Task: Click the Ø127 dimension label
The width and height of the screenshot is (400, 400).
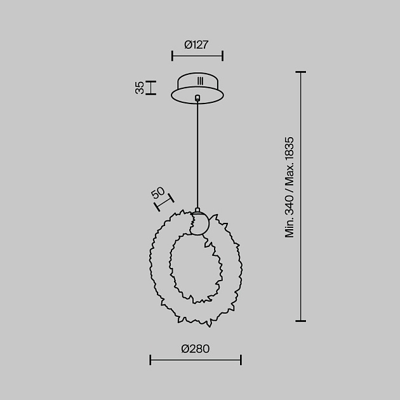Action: tap(196, 45)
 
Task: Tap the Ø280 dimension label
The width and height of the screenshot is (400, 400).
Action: tap(196, 349)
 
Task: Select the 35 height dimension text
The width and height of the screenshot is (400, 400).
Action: tap(140, 88)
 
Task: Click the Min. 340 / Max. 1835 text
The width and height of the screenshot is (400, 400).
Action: tap(290, 187)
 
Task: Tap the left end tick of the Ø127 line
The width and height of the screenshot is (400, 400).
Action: tap(173, 56)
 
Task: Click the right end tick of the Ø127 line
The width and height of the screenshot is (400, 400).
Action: tap(222, 56)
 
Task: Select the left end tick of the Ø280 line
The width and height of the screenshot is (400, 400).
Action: tap(150, 360)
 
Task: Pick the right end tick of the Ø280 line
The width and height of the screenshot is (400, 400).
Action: tap(241, 360)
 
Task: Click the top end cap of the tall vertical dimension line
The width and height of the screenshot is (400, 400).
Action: tap(301, 72)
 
